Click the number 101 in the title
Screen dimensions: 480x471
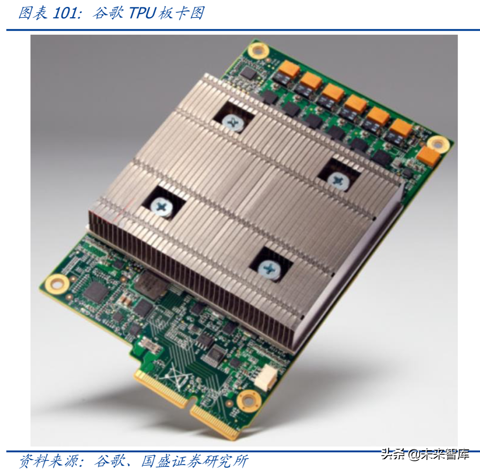tap(64, 13)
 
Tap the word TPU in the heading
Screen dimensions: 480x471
tap(142, 13)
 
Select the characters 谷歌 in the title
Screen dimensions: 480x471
tap(108, 13)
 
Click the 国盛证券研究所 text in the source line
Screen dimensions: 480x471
tap(195, 461)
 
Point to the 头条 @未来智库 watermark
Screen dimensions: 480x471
tap(425, 454)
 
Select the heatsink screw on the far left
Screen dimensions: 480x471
tap(161, 207)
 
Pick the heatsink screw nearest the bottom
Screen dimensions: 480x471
tap(269, 269)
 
